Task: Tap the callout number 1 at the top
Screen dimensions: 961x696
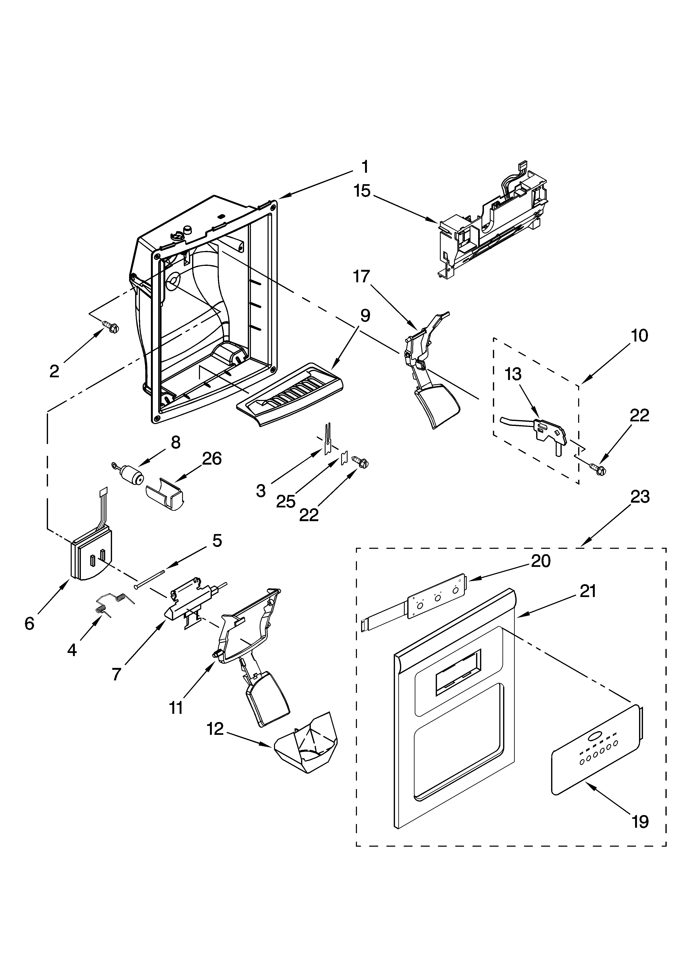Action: tap(365, 167)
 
